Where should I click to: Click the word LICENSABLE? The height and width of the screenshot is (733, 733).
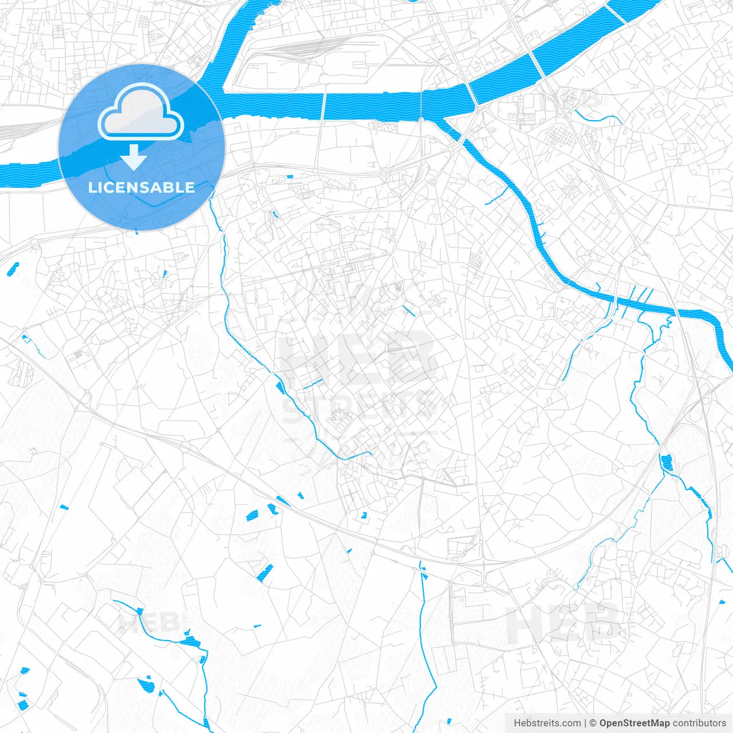141,187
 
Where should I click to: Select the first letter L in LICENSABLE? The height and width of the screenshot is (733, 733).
92,187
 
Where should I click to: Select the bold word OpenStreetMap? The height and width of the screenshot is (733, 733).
635,723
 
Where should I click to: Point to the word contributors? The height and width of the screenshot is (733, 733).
699,723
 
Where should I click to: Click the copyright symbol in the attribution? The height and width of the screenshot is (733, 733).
593,723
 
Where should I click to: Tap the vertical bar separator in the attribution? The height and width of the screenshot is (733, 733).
585,723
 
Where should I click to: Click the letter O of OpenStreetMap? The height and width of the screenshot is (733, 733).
604,723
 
